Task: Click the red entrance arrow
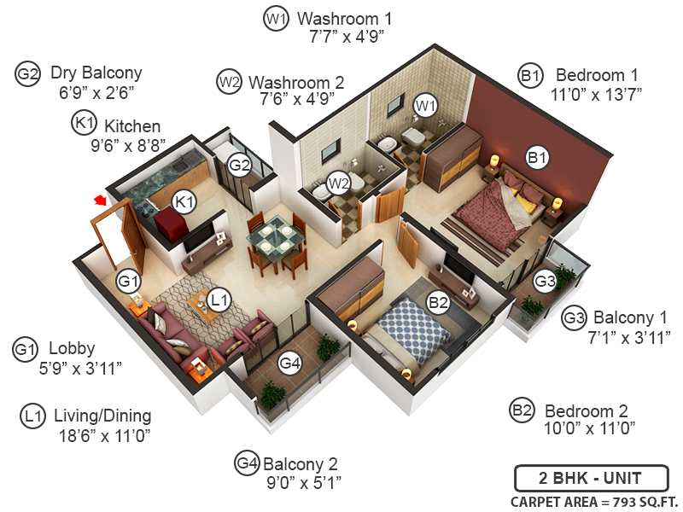[100, 201]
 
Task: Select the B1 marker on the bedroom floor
[537, 157]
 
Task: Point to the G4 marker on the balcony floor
[290, 364]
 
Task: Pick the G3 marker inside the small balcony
[545, 281]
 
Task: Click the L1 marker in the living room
[219, 300]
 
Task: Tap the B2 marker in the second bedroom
[438, 301]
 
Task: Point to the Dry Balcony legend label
[96, 73]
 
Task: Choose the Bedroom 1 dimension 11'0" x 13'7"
[598, 93]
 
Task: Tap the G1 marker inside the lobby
[128, 280]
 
